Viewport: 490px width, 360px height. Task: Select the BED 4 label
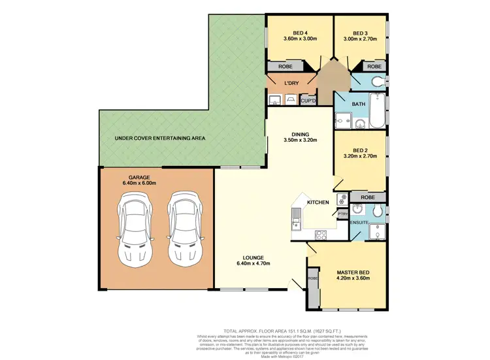[300, 33]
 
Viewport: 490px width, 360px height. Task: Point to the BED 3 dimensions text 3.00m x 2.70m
[360, 39]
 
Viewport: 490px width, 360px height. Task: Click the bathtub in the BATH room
[376, 112]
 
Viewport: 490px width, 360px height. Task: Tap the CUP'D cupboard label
[308, 101]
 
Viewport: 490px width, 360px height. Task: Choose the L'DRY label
[291, 82]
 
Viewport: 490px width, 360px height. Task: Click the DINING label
[300, 133]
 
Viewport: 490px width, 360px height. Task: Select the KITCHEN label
[318, 203]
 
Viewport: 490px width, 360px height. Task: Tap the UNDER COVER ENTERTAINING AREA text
[160, 139]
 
